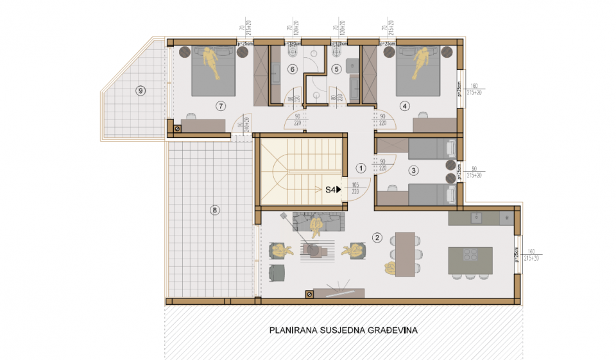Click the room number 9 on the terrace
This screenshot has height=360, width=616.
click(x=141, y=90)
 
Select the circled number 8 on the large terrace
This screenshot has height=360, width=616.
click(x=215, y=209)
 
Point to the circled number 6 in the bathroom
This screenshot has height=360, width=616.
click(x=292, y=69)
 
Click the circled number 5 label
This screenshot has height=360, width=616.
click(x=336, y=69)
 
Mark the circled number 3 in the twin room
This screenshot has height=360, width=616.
click(x=414, y=170)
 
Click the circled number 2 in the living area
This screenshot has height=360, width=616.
click(x=377, y=239)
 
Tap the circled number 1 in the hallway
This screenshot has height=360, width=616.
click(x=361, y=167)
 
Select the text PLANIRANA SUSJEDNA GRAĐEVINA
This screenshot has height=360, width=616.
click(x=343, y=331)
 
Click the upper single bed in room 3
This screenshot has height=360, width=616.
click(x=432, y=149)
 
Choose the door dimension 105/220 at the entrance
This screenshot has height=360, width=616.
click(x=355, y=189)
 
